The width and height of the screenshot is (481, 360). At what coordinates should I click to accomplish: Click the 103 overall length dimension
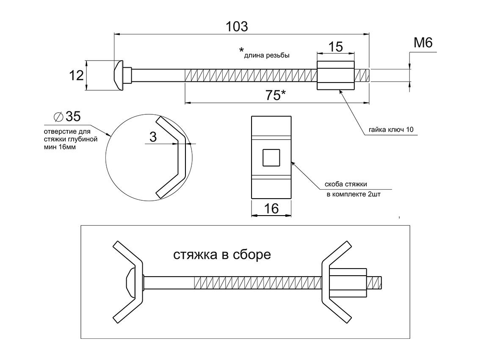pyautogui.click(x=237, y=27)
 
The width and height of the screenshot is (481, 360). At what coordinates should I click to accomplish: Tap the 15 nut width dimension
pyautogui.click(x=336, y=47)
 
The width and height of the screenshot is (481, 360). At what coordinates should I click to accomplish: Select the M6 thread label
pyautogui.click(x=423, y=43)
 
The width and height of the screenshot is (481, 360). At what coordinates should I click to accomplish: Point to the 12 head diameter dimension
pyautogui.click(x=76, y=75)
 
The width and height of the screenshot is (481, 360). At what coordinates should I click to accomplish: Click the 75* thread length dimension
pyautogui.click(x=276, y=95)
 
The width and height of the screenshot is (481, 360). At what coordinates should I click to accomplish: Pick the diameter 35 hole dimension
pyautogui.click(x=67, y=116)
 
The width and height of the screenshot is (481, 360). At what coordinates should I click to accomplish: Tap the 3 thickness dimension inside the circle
pyautogui.click(x=153, y=137)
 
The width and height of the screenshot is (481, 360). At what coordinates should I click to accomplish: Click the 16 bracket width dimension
pyautogui.click(x=271, y=209)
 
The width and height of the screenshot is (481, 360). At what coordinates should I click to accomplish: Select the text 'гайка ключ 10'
pyautogui.click(x=391, y=130)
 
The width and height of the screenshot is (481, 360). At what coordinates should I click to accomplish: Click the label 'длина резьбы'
pyautogui.click(x=267, y=55)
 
